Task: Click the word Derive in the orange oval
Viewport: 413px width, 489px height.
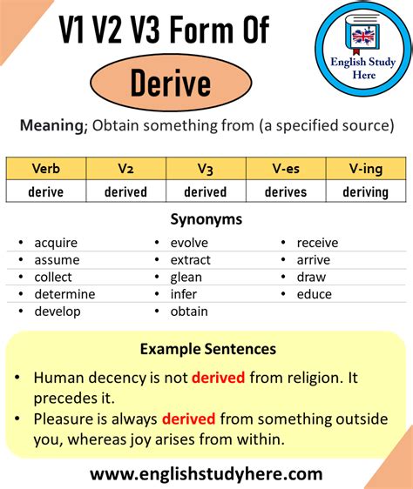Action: click(171, 84)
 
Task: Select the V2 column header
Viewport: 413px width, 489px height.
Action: click(125, 169)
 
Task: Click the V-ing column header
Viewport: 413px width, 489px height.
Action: click(366, 169)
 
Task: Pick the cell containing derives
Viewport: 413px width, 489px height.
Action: click(286, 191)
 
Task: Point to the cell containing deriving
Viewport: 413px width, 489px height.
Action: click(366, 191)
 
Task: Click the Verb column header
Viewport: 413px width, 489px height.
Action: click(45, 169)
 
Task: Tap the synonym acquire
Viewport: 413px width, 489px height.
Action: click(56, 243)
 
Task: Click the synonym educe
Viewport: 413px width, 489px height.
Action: click(314, 294)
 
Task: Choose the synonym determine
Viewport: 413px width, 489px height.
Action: click(64, 294)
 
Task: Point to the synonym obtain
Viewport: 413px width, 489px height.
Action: click(189, 311)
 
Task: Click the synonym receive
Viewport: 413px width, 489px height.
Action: click(317, 243)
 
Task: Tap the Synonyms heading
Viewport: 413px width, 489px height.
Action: click(206, 220)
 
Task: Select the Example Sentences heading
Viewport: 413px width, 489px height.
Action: click(207, 349)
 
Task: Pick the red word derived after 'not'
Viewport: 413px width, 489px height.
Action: click(219, 378)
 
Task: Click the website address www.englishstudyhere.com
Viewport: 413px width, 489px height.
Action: click(206, 474)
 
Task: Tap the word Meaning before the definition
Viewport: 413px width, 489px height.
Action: click(55, 125)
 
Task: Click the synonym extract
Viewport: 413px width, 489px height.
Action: click(190, 260)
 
